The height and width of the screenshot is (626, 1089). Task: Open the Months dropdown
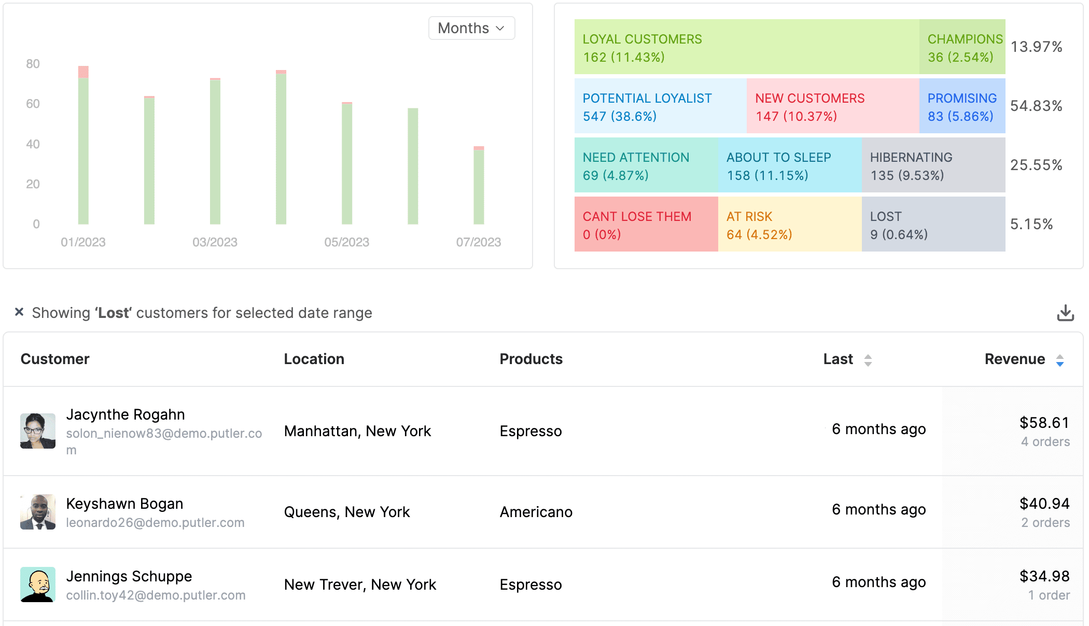[x=471, y=28]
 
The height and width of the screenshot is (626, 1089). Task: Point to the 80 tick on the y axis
[x=33, y=64]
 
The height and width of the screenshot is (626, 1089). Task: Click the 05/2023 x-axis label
[x=346, y=242]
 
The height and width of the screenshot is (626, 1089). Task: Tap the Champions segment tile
[x=962, y=47]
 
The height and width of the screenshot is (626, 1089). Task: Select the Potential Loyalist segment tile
[x=660, y=106]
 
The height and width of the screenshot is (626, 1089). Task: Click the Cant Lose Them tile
[x=646, y=225]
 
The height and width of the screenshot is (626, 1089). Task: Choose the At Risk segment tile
[x=789, y=225]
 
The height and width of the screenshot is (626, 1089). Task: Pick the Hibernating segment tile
[x=933, y=165]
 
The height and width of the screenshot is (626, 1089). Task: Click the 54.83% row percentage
[x=1036, y=106]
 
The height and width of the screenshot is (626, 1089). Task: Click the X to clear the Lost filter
[x=19, y=312]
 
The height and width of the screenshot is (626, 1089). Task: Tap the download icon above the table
[x=1065, y=313]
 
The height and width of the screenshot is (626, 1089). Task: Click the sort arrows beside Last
[x=868, y=360]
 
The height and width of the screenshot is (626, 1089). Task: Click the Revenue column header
[x=1015, y=359]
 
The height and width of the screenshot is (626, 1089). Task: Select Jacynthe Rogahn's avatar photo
[x=38, y=431]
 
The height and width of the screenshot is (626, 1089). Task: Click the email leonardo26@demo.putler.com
[x=155, y=523]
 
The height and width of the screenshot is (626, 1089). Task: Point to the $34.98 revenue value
[x=1044, y=576]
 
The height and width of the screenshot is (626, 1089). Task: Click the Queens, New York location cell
[x=347, y=512]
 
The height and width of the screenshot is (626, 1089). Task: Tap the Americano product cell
[x=536, y=512]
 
